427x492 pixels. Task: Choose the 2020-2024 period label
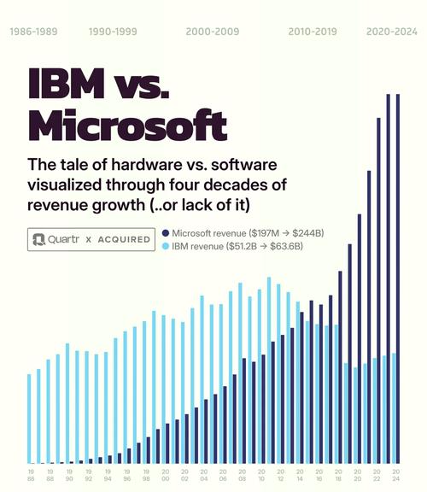[391, 31]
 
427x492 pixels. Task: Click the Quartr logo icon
[40, 240]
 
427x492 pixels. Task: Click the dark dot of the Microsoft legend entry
[166, 233]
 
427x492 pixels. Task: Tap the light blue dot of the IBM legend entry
[166, 247]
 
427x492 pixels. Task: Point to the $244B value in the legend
[318, 233]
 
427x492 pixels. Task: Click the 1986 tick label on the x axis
[30, 474]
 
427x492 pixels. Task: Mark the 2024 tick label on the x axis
[396, 474]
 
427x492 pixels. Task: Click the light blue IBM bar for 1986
[30, 419]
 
